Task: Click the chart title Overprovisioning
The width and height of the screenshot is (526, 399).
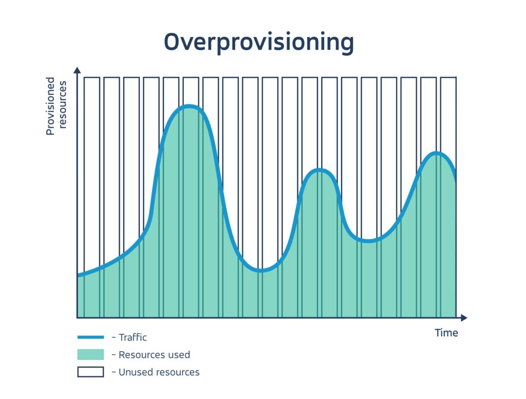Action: [259, 42]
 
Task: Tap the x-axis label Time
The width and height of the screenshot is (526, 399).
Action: [446, 333]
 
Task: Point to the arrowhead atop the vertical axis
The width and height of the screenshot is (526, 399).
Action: [77, 69]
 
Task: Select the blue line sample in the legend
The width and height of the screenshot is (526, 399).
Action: [90, 337]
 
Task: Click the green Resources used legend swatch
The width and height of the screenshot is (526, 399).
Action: [90, 354]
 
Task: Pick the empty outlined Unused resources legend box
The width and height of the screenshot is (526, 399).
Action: [90, 372]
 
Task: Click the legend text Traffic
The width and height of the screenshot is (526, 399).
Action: [133, 337]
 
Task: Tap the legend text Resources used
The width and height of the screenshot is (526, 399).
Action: [154, 355]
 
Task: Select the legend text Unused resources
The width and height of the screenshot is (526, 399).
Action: [159, 372]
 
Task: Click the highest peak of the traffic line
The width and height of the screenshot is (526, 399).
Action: [189, 106]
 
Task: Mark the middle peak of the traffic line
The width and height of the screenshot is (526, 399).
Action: [320, 170]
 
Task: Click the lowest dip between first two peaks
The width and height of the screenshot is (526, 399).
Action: [261, 270]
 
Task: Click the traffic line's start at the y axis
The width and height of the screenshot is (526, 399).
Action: [78, 276]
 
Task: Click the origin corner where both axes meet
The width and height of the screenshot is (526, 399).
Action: [77, 318]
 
